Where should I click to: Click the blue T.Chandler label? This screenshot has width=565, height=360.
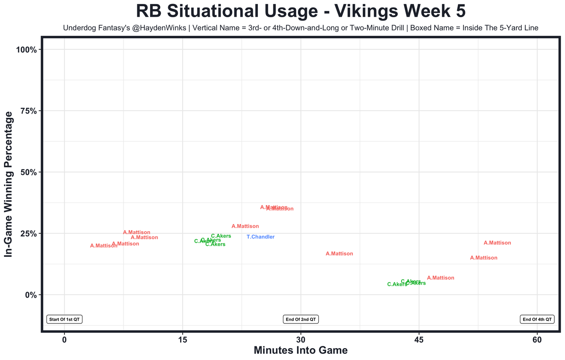[x=260, y=237]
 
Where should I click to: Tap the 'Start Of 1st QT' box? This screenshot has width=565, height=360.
[x=64, y=319]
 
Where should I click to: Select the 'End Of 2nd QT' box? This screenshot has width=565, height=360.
[x=301, y=319]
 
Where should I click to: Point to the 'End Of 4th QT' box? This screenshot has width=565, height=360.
[x=537, y=319]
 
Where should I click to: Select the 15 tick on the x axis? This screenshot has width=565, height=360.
[x=182, y=340]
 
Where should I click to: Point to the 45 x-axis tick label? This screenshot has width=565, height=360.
[x=419, y=340]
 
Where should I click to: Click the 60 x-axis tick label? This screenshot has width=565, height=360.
[x=537, y=340]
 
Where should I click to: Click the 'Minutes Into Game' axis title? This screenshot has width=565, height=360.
[x=301, y=351]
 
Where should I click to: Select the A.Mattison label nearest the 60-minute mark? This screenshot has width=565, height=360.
[x=497, y=243]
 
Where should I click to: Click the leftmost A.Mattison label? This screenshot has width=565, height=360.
[x=104, y=246]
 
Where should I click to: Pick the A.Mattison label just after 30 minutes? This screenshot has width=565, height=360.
[x=339, y=254]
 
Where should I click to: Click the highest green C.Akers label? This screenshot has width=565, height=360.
[x=221, y=236]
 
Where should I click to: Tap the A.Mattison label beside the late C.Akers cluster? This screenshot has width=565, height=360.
[x=441, y=278]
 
